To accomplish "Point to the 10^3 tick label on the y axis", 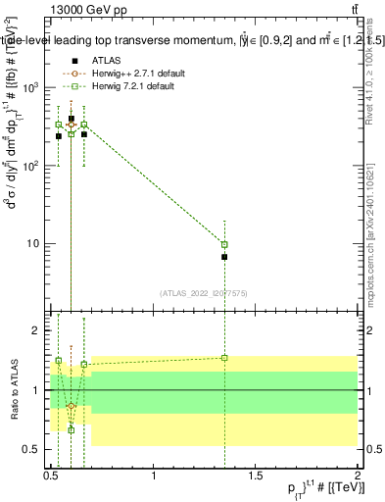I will coord(30,87).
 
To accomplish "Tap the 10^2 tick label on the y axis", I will coord(30,166).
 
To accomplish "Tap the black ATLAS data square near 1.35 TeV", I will coord(225,257).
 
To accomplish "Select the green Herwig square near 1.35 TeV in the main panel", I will coord(225,244).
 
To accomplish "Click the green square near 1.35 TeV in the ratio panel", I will coord(225,358).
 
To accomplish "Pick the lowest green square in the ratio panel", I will coord(72,429).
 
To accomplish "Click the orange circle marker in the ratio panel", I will coord(72,406).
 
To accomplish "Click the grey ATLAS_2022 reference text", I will coord(204,292).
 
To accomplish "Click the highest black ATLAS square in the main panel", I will coord(72,119).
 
